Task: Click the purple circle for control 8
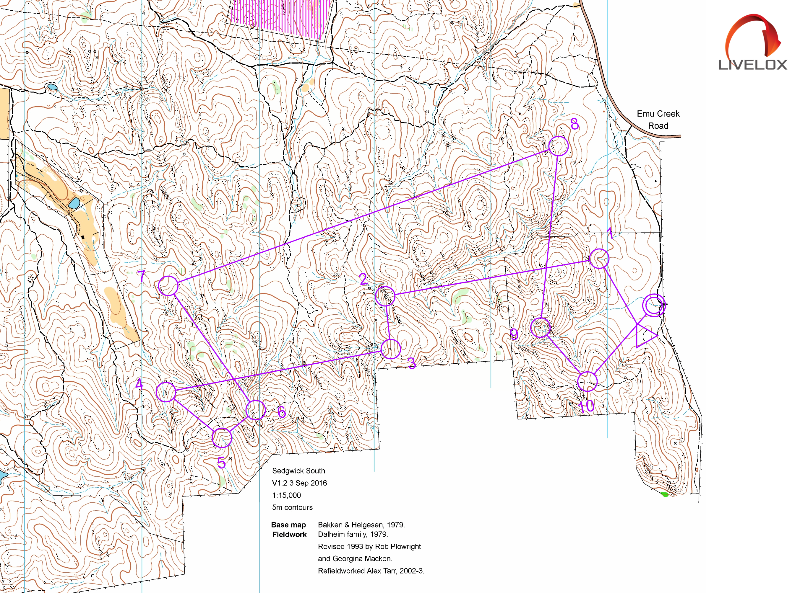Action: coord(559,146)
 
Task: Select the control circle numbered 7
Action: coord(168,286)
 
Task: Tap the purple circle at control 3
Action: coord(390,349)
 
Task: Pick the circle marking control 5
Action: coord(221,437)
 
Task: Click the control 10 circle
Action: coord(587,381)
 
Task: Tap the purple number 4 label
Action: coord(139,384)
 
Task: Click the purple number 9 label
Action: coord(514,334)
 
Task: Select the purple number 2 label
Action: coord(363,279)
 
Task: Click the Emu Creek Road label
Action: coord(658,120)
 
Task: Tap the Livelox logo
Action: coord(752,43)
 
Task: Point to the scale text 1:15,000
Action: coord(286,495)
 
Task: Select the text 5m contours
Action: coord(292,507)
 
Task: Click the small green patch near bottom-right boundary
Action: coord(665,495)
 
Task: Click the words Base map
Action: coord(288,525)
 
